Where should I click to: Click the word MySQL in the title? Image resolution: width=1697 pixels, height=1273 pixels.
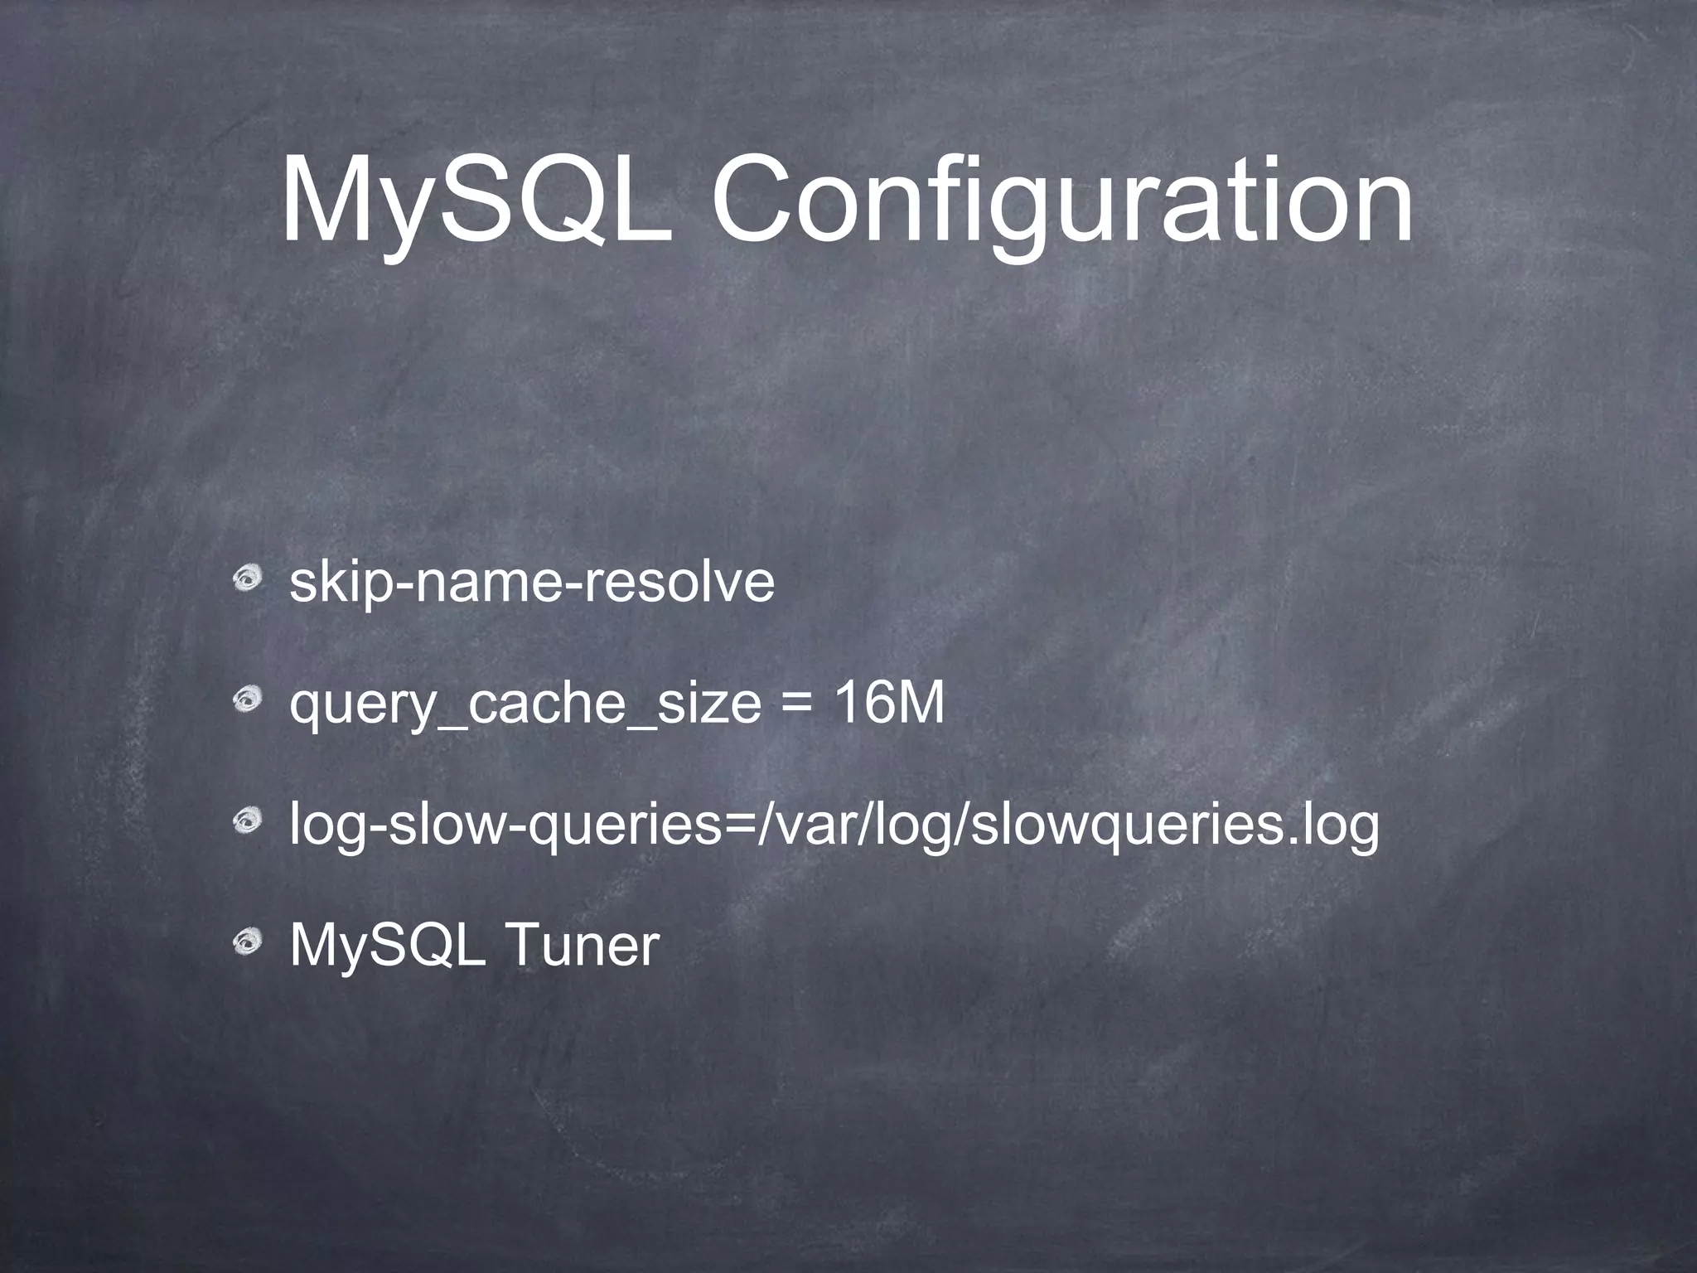476,204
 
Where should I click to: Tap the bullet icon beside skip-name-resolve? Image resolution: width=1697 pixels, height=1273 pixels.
246,579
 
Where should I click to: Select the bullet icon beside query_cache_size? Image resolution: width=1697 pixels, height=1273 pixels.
246,701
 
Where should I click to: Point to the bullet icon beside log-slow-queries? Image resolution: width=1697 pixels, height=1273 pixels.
246,823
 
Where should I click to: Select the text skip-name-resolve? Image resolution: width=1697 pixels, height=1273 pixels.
532,583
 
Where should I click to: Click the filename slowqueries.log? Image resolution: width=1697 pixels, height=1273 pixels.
1173,826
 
